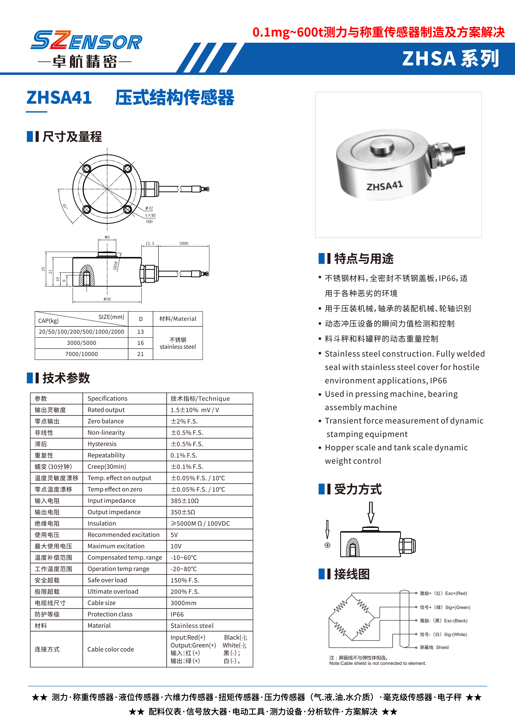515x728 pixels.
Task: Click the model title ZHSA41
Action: [59, 98]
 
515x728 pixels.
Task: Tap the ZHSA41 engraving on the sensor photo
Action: [384, 186]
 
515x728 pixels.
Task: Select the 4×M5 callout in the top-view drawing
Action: [150, 215]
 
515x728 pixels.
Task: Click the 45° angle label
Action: [65, 206]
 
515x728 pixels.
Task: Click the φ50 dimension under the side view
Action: [107, 299]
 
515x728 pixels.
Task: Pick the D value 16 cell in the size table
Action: [141, 343]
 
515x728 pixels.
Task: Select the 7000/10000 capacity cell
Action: [81, 354]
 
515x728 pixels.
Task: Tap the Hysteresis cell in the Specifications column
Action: [102, 444]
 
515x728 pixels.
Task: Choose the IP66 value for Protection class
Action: [177, 614]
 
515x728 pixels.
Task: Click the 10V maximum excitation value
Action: [176, 546]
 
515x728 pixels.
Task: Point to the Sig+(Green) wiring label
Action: [457, 607]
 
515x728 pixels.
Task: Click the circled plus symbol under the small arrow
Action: [327, 545]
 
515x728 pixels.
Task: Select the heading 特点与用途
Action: [364, 259]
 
